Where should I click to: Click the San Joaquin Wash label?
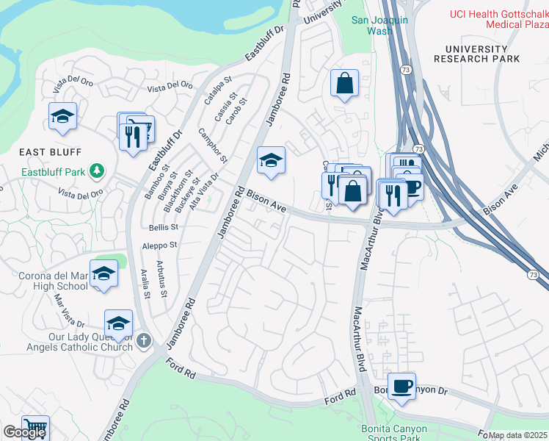(x=379, y=26)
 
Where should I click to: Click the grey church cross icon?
(x=144, y=340)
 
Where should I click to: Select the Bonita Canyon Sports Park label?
(x=390, y=434)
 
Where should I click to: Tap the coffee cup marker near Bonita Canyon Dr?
(x=401, y=386)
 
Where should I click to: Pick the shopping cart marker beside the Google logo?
(x=34, y=428)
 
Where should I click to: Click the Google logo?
(x=23, y=432)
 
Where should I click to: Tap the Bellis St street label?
(x=164, y=228)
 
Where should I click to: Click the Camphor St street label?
(x=214, y=146)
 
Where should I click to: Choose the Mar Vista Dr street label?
(x=70, y=312)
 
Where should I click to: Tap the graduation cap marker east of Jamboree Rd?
(x=271, y=161)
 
